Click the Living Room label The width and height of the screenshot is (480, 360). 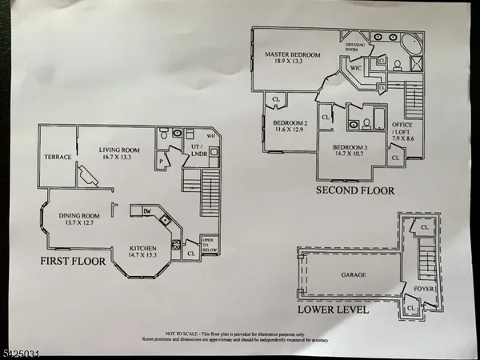tap(120, 154)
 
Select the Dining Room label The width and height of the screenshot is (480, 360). tap(78, 218)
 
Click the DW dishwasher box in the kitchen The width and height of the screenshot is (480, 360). tap(147, 210)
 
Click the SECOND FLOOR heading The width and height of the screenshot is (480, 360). tap(355, 191)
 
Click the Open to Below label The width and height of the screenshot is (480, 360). tap(210, 246)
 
